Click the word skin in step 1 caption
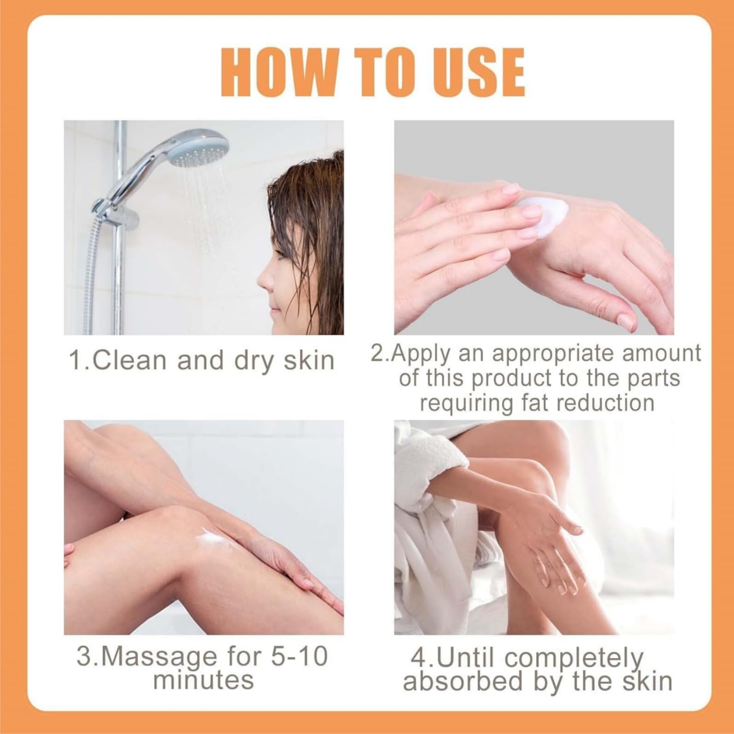click(x=309, y=360)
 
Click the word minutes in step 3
click(x=203, y=679)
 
